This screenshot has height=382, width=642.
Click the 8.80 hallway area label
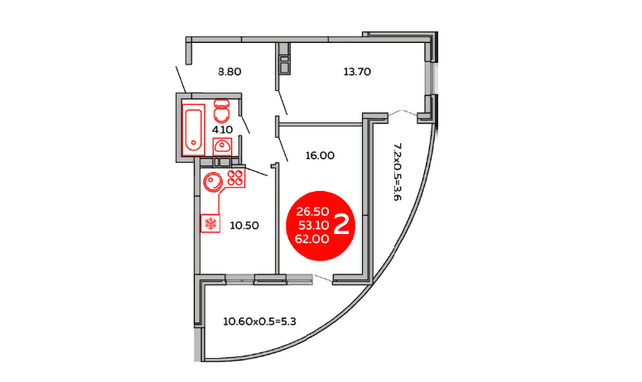point(229,72)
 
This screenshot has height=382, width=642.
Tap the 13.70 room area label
point(357,72)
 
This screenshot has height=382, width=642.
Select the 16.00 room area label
point(320,155)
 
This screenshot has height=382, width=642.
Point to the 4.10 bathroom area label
point(222,130)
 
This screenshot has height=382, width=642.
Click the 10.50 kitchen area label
point(244,226)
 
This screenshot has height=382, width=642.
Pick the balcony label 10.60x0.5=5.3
point(259,322)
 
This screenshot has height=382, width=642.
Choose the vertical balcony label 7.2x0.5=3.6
point(397,172)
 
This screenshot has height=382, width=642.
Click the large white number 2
point(341,225)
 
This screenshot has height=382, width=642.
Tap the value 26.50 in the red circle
point(312,212)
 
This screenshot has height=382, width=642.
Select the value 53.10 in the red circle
point(314,225)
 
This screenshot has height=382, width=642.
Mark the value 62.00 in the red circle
point(312,239)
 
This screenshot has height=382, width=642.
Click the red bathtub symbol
point(193,130)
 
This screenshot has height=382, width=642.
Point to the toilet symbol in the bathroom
point(221,111)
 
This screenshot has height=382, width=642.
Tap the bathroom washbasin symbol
point(222,146)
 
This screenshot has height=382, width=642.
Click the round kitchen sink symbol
point(213,182)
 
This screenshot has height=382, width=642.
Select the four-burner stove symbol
point(235,178)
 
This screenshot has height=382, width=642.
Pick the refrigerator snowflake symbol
point(210,223)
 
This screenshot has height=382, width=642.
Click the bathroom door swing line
point(244,123)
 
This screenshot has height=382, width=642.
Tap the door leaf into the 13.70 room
point(282,103)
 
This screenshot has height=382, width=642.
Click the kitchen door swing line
point(256,172)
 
